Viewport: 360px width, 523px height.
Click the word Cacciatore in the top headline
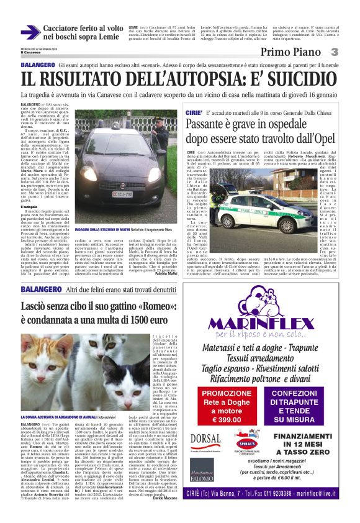click(64, 29)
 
